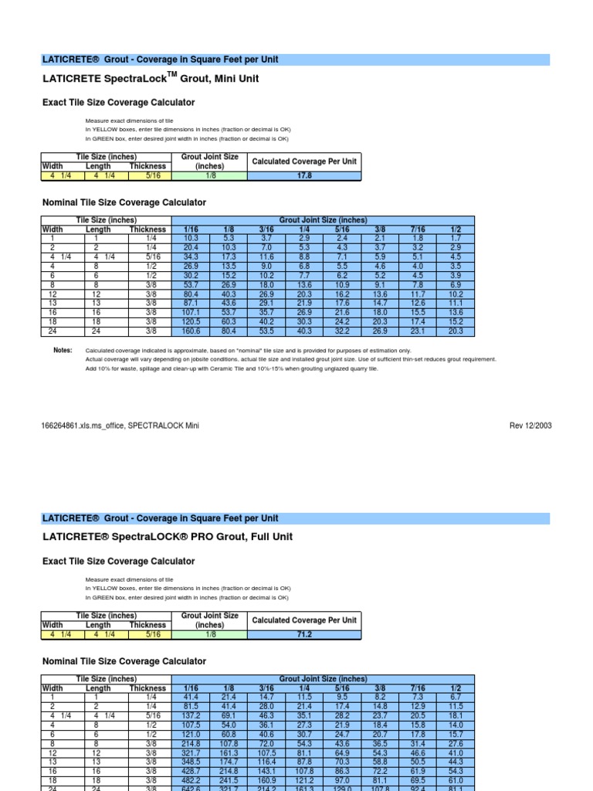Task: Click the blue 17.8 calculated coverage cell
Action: point(304,175)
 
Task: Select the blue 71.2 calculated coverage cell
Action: point(304,634)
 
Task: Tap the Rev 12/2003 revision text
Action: point(530,426)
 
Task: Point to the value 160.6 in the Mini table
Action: point(190,331)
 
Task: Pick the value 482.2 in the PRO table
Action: point(190,780)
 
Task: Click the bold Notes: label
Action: point(62,351)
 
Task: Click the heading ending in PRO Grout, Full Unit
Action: point(168,537)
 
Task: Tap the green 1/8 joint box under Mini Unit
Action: point(210,175)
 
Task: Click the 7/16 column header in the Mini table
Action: point(418,229)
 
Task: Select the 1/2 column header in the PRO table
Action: point(456,688)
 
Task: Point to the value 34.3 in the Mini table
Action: point(190,256)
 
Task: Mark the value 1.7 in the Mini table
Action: point(456,239)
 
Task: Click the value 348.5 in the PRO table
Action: point(190,762)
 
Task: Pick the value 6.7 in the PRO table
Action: point(456,698)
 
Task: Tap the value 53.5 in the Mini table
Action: point(266,331)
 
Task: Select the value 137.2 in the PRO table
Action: point(190,716)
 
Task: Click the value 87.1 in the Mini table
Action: point(190,304)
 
